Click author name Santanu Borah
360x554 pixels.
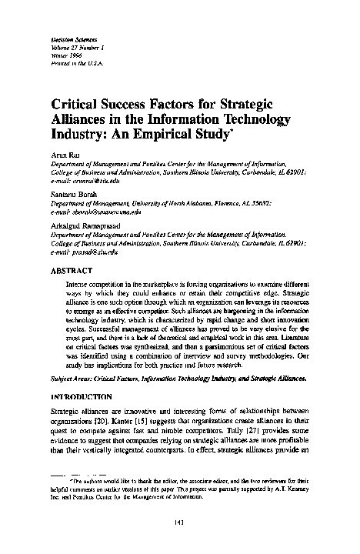coord(69,195)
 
